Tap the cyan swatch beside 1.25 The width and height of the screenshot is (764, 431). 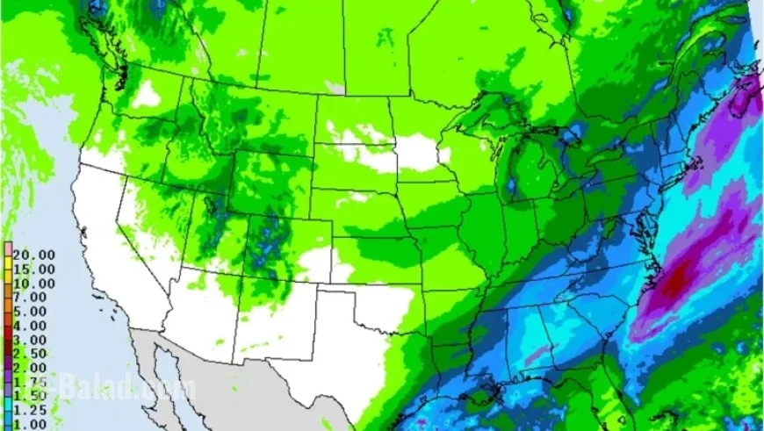point(7,409)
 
